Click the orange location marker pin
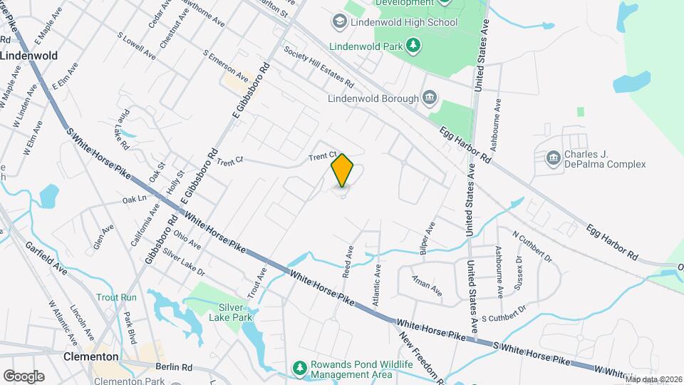(x=342, y=171)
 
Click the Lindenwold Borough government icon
(x=430, y=98)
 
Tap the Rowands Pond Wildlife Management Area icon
(x=301, y=368)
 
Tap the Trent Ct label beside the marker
(x=322, y=156)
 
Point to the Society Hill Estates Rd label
(x=318, y=66)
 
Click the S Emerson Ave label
(x=225, y=66)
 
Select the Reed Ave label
(x=349, y=262)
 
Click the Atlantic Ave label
(x=376, y=280)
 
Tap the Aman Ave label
(x=427, y=284)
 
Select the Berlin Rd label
(x=177, y=366)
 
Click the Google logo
(x=24, y=376)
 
